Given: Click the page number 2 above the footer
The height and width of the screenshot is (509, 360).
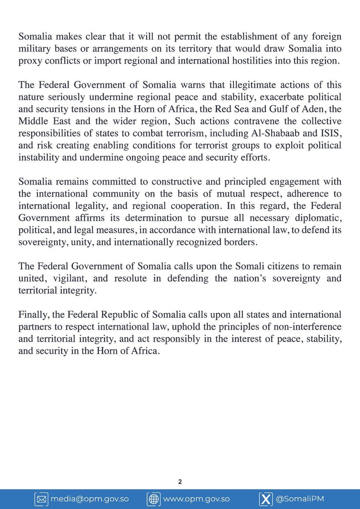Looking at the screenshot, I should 180,482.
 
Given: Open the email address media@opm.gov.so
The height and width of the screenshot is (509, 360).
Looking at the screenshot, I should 90,499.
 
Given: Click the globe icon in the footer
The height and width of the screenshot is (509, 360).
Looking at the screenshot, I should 153,499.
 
